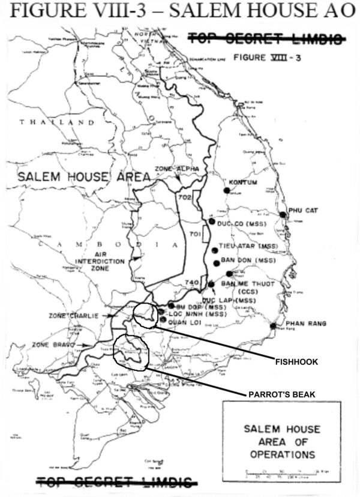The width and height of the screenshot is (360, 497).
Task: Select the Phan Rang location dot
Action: coord(273,326)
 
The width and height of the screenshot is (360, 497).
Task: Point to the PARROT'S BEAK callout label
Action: coord(281,394)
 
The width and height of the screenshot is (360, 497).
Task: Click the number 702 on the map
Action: coord(184,197)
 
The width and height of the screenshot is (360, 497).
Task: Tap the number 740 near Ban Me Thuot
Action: coord(191,282)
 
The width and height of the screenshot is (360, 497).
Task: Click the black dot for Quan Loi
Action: coord(163,320)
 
